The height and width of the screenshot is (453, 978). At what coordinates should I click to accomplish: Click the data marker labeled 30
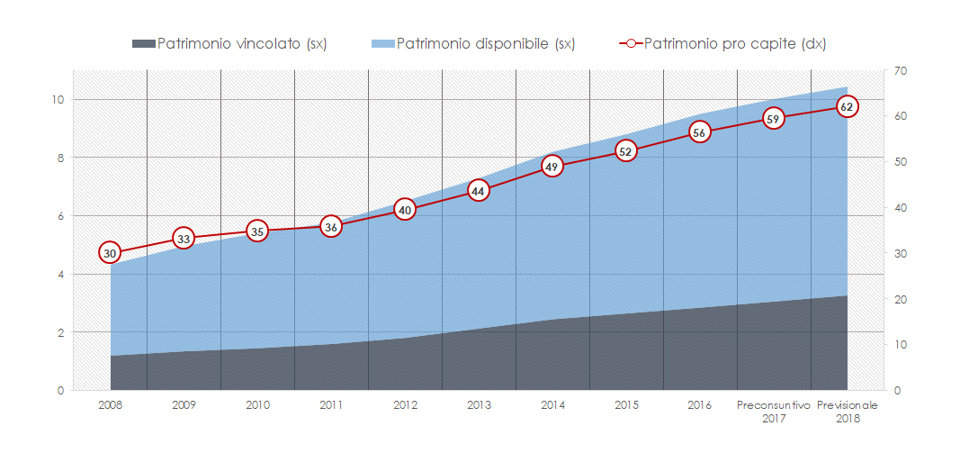(x=110, y=253)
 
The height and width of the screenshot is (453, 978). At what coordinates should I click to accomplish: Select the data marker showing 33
(x=184, y=239)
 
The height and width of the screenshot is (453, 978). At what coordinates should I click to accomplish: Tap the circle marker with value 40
(x=405, y=210)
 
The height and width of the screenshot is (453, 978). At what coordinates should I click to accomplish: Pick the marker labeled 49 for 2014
(x=552, y=166)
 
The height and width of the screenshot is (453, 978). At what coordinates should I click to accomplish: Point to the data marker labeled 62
(x=847, y=106)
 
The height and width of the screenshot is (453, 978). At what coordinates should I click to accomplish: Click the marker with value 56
(x=700, y=131)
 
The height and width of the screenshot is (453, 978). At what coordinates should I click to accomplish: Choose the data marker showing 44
(x=479, y=191)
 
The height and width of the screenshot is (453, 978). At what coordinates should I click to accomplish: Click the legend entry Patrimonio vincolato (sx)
(x=241, y=43)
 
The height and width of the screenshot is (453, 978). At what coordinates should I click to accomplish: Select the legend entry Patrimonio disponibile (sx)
(x=485, y=43)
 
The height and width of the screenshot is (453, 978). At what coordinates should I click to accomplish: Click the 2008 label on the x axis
(x=110, y=405)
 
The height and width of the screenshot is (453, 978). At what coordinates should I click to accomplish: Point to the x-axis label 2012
(x=405, y=405)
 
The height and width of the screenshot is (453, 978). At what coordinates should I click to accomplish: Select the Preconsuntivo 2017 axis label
(x=774, y=412)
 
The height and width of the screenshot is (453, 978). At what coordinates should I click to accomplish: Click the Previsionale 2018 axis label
(x=847, y=412)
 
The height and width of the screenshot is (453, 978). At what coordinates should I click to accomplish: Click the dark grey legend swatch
(x=143, y=43)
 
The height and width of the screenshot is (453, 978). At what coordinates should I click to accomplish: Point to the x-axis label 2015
(x=626, y=405)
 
